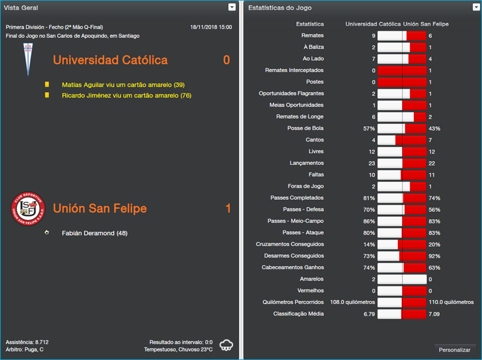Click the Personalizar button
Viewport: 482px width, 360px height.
coord(455,350)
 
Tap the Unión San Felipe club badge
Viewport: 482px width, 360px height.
coord(28,208)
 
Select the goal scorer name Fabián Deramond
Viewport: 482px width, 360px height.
coord(95,233)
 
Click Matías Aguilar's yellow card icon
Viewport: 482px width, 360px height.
coord(47,85)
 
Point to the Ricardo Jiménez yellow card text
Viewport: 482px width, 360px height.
coord(127,95)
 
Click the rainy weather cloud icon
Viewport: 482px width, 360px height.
coord(227,345)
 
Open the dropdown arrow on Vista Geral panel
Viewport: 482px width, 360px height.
coord(232,7)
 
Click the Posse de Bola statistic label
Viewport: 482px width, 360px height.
coord(305,128)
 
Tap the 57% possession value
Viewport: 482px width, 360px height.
coord(369,129)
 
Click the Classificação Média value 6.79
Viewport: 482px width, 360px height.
coord(369,314)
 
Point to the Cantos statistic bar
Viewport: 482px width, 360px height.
coord(401,140)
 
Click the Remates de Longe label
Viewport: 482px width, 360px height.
coord(299,117)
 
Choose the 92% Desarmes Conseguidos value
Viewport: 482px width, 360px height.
coord(434,256)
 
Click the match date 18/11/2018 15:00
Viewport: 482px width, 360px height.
coord(210,27)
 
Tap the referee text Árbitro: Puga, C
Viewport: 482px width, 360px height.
coord(25,349)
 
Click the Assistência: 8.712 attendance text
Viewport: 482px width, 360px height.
coord(27,342)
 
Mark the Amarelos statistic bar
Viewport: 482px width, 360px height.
coord(401,279)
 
